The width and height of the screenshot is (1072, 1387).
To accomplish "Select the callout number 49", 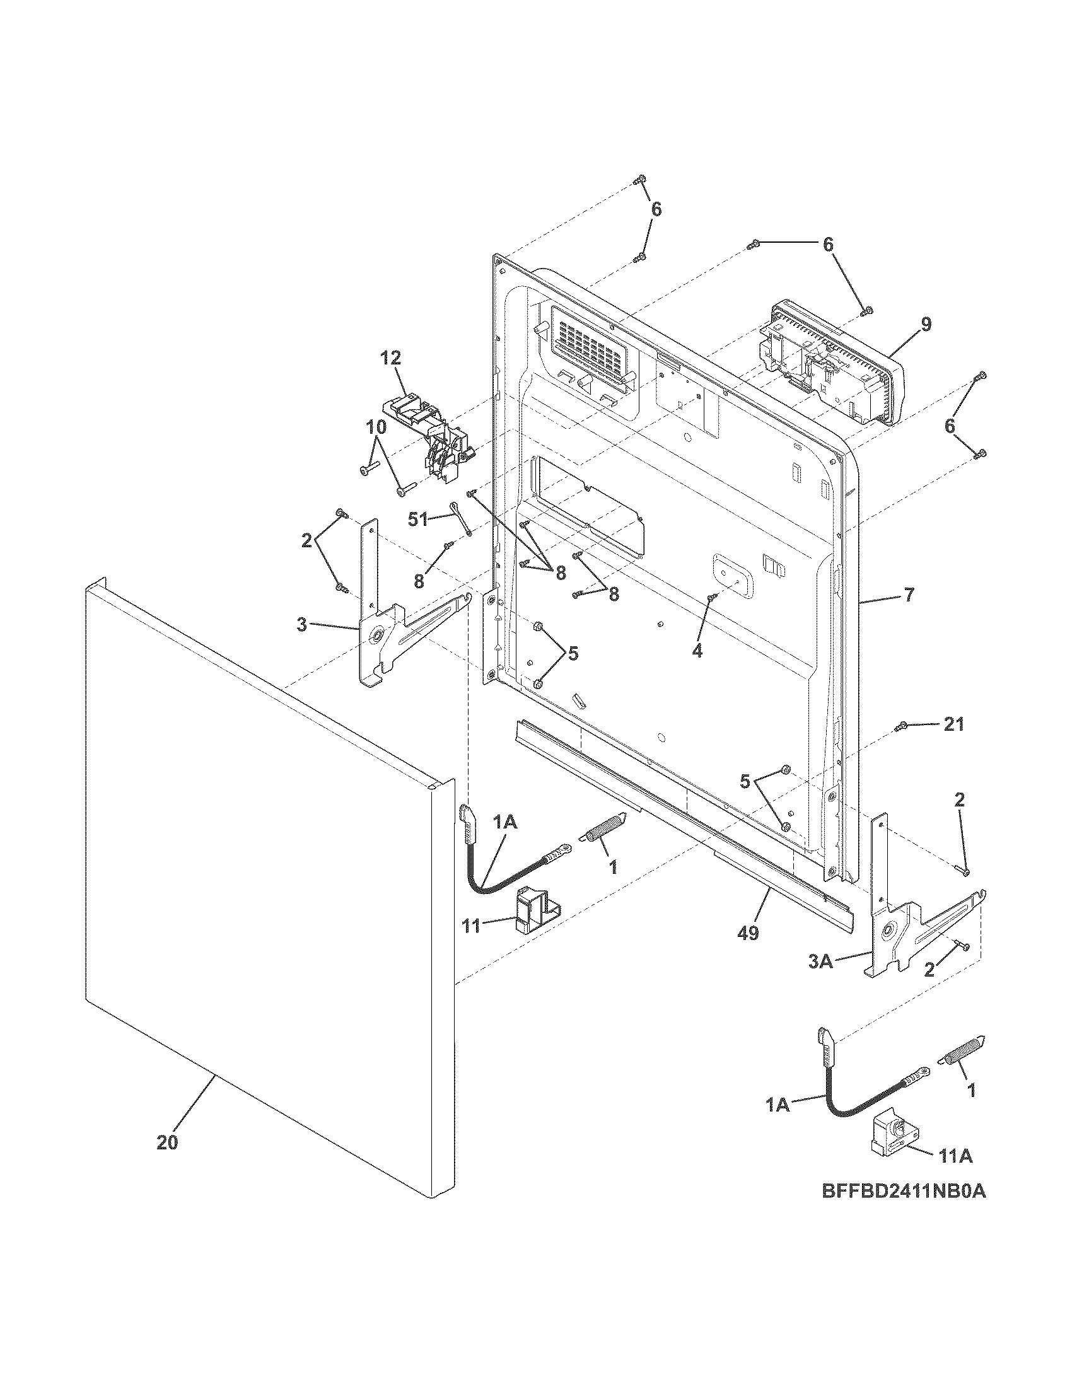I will [749, 933].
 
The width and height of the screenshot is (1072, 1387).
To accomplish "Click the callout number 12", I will [391, 358].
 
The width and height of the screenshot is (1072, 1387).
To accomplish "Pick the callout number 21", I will [953, 724].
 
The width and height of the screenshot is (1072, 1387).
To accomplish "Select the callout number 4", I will [697, 652].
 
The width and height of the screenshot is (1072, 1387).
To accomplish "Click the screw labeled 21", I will [900, 726].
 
